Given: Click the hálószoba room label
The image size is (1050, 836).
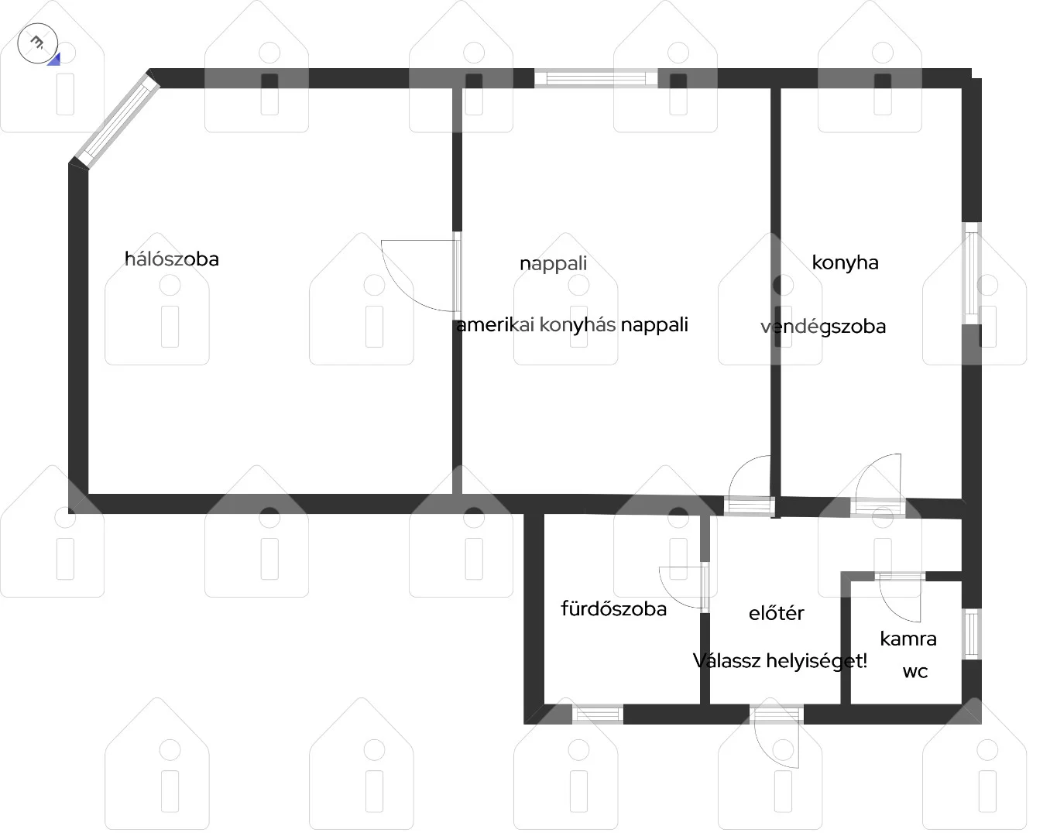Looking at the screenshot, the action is (x=172, y=259).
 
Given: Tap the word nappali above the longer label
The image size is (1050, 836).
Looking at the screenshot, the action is (x=554, y=264).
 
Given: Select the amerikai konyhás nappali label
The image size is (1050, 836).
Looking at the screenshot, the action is (x=571, y=325).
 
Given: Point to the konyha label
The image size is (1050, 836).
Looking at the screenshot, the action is (x=845, y=263).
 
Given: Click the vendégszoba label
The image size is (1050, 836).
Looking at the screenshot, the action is (x=823, y=327).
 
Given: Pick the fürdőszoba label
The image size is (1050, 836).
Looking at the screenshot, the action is (x=614, y=608).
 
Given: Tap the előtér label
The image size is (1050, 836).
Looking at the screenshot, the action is (x=777, y=613).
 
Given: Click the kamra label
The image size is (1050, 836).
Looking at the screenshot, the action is (x=908, y=639).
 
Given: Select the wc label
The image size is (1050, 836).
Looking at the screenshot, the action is (x=914, y=672).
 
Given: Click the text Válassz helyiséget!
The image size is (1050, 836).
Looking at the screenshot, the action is (x=780, y=661).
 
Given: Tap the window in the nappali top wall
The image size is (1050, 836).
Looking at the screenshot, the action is (x=595, y=78).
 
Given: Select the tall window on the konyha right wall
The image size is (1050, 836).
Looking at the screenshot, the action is (x=972, y=273).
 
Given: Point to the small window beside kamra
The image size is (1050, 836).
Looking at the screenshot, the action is (x=972, y=634).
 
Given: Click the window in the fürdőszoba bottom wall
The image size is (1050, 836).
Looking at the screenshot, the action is (x=597, y=714).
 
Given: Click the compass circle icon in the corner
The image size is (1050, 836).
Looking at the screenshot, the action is (x=38, y=43).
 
